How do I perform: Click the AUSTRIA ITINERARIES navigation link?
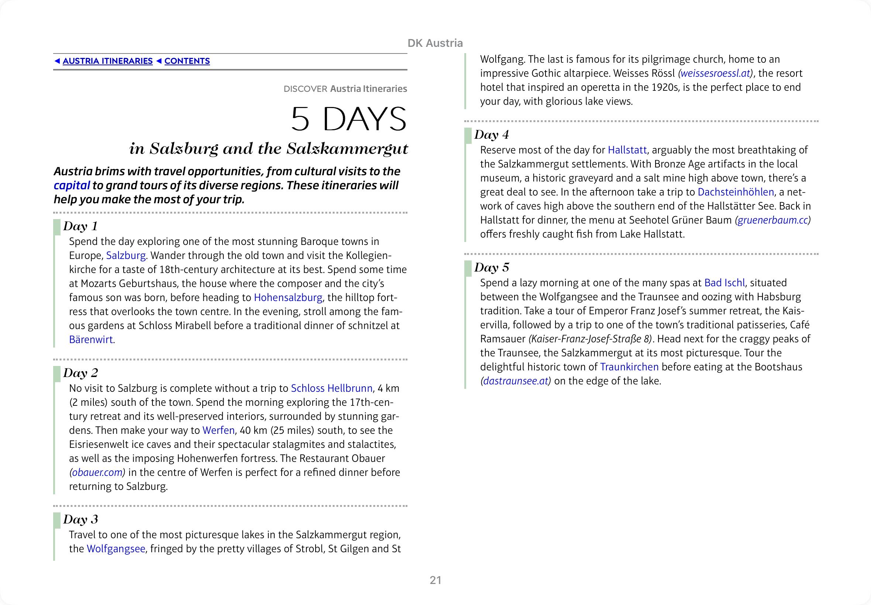point(107,61)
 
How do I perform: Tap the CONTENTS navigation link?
point(187,61)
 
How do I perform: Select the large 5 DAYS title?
point(348,119)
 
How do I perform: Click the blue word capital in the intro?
point(72,185)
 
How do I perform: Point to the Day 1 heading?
point(80,226)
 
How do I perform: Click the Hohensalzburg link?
point(288,298)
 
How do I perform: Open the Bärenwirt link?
point(91,340)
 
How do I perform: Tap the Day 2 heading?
point(80,373)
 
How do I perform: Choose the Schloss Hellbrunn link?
point(331,388)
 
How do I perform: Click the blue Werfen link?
point(218,431)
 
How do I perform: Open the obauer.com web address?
point(97,473)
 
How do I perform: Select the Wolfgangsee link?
point(116,549)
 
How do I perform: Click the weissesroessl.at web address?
point(716,73)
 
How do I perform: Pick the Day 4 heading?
point(492,135)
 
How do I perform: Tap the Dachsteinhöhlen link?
point(736,192)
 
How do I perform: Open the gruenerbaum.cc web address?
point(772,220)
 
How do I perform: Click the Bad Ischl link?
point(724,283)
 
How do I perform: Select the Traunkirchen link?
point(629,367)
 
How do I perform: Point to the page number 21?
point(435,580)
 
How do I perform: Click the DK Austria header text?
point(435,43)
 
